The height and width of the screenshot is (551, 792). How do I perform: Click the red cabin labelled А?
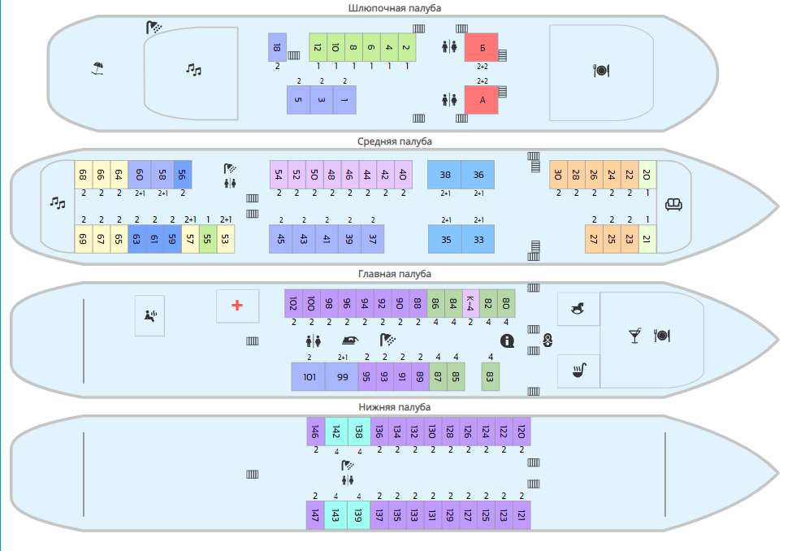pyautogui.click(x=482, y=100)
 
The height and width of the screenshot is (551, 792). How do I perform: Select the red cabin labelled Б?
pyautogui.click(x=482, y=47)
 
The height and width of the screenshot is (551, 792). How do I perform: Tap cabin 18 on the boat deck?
pyautogui.click(x=277, y=47)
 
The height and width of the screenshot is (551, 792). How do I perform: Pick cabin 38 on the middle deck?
pyautogui.click(x=444, y=175)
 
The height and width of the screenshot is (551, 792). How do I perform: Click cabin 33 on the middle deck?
pyautogui.click(x=478, y=239)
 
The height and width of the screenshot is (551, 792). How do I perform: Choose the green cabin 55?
pyautogui.click(x=208, y=239)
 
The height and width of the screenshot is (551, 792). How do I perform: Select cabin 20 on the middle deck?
pyautogui.click(x=647, y=175)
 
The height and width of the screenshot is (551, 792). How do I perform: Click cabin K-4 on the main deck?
pyautogui.click(x=471, y=303)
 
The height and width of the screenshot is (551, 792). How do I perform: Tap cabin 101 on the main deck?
pyautogui.click(x=309, y=376)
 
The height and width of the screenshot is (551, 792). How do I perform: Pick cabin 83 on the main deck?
pyautogui.click(x=490, y=376)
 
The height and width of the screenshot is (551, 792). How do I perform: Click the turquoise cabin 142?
pyautogui.click(x=336, y=432)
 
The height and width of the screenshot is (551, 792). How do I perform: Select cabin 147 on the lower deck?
pyautogui.click(x=315, y=515)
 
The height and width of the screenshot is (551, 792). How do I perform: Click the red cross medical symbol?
pyautogui.click(x=237, y=306)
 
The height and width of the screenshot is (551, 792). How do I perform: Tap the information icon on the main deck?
pyautogui.click(x=507, y=341)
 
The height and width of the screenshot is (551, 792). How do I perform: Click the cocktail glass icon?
pyautogui.click(x=635, y=336)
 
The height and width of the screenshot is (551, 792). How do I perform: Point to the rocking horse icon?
pyautogui.click(x=578, y=308)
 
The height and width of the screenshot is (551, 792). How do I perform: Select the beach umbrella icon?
pyautogui.click(x=97, y=68)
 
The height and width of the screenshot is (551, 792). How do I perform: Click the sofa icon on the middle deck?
pyautogui.click(x=673, y=204)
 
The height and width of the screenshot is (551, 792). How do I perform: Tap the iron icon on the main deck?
pyautogui.click(x=350, y=341)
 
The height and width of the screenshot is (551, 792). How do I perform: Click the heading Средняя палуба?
pyautogui.click(x=395, y=141)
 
